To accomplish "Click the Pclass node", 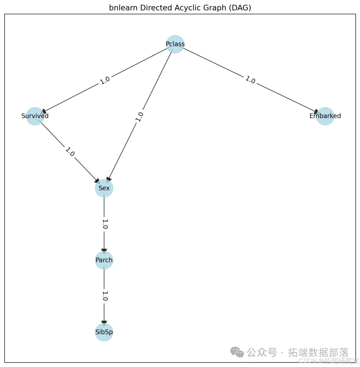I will tap(175, 44).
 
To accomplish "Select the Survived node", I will tap(35, 116).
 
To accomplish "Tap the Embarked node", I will tap(325, 116).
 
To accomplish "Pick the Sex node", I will tap(104, 188).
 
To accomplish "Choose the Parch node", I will tap(104, 260).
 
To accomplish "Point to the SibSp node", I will tap(104, 332).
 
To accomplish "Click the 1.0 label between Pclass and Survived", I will tap(105, 80).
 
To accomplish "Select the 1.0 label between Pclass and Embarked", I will tap(250, 80).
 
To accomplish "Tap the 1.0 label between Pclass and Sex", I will tap(140, 116).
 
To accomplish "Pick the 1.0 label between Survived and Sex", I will tap(70, 152).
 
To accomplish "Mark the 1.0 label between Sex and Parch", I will tap(105, 224).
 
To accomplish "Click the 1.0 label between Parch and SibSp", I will tap(105, 296).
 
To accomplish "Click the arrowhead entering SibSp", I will tap(104, 323).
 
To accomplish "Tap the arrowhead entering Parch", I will tap(104, 251).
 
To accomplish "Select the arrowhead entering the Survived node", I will tap(44, 112).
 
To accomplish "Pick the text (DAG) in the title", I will tap(242, 8).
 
